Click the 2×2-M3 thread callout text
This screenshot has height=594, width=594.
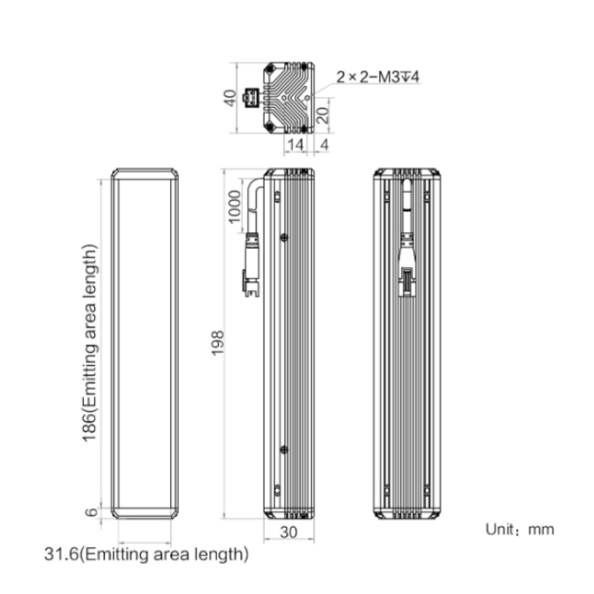pyautogui.click(x=378, y=78)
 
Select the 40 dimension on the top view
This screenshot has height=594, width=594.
pyautogui.click(x=230, y=98)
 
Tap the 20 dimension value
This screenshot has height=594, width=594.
pyautogui.click(x=322, y=115)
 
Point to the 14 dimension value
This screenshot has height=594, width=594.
pyautogui.click(x=295, y=145)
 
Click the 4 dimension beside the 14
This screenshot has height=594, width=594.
pyautogui.click(x=324, y=145)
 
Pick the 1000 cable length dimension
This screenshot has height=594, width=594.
pyautogui.click(x=234, y=207)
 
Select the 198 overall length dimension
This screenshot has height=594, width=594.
pyautogui.click(x=218, y=343)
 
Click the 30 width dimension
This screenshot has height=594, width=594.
pyautogui.click(x=288, y=532)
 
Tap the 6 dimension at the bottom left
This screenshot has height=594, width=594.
pyautogui.click(x=91, y=512)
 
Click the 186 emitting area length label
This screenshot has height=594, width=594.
pyautogui.click(x=89, y=343)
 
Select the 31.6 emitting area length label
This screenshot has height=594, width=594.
pyautogui.click(x=147, y=554)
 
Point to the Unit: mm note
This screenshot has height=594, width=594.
pyautogui.click(x=520, y=529)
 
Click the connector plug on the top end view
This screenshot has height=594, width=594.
pyautogui.click(x=251, y=98)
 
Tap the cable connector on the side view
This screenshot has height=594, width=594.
pyautogui.click(x=251, y=265)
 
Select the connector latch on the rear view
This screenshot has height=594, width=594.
pyautogui.click(x=407, y=280)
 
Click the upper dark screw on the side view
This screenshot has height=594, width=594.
pyautogui.click(x=284, y=238)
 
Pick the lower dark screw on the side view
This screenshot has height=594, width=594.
pyautogui.click(x=284, y=450)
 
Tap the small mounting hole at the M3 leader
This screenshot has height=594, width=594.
pyautogui.click(x=307, y=97)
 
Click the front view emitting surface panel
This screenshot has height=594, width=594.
pyautogui.click(x=145, y=343)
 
